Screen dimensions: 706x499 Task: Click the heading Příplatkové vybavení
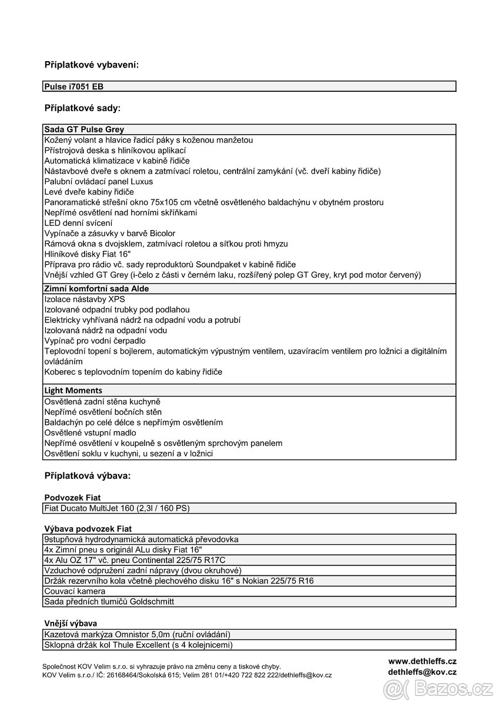92,65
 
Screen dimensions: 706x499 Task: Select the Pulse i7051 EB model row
74,86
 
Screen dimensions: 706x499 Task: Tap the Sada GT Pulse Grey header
84,129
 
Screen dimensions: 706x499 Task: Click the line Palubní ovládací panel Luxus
98,181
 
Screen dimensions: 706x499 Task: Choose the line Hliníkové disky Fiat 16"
87,254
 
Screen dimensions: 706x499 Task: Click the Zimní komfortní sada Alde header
96,289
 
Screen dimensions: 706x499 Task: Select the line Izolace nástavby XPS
85,299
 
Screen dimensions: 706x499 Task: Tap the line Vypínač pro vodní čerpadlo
95,341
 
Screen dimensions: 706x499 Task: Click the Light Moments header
73,390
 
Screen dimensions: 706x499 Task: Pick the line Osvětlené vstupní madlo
90,432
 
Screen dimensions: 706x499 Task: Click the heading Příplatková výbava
88,475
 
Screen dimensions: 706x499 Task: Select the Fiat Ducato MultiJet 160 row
117,508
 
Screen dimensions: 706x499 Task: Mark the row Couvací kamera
75,591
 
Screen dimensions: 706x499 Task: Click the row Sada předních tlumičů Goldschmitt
109,601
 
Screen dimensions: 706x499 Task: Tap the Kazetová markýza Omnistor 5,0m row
137,634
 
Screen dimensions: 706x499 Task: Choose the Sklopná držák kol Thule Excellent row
138,645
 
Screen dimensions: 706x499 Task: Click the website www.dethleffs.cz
422,661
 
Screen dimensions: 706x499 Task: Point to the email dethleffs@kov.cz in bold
422,672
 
